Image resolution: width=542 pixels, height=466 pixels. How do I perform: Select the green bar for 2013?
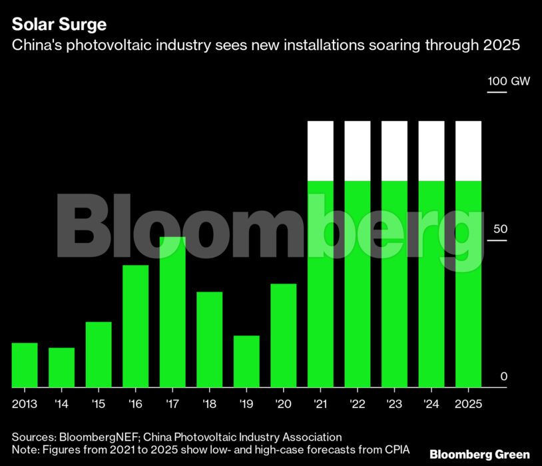pyautogui.click(x=25, y=365)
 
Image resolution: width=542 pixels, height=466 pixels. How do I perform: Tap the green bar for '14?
pyautogui.click(x=61, y=367)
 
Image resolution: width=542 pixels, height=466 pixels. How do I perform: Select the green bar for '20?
pyautogui.click(x=283, y=336)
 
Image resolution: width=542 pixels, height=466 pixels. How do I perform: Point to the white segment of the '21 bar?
pyautogui.click(x=320, y=150)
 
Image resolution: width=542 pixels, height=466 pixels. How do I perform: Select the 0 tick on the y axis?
pyautogui.click(x=503, y=377)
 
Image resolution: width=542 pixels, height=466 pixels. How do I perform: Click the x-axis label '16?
pyautogui.click(x=135, y=403)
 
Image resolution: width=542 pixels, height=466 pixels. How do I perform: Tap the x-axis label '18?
pyautogui.click(x=209, y=403)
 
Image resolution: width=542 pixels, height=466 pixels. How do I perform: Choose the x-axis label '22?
pyautogui.click(x=357, y=403)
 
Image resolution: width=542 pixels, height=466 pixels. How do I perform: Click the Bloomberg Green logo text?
pyautogui.click(x=479, y=454)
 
